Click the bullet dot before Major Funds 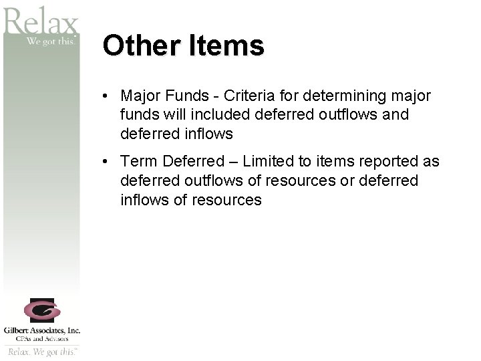[x=107, y=96]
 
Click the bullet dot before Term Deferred [x=107, y=162]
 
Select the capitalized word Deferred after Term [x=194, y=162]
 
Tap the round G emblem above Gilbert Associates [x=42, y=310]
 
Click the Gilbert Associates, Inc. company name [x=42, y=330]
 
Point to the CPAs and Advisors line [x=42, y=339]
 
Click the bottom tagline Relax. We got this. [x=42, y=351]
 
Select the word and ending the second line [x=396, y=115]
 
